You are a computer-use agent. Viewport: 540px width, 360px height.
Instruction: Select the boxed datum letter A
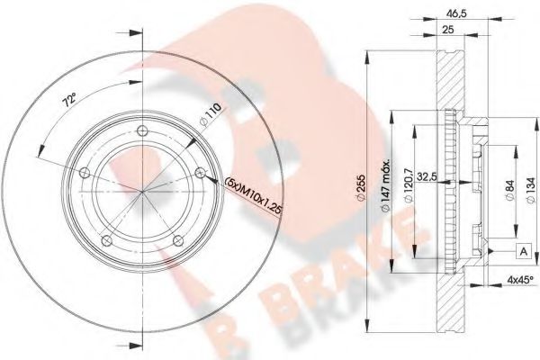pos(521,250)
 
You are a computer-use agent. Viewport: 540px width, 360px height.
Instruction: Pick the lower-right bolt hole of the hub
pos(178,238)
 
